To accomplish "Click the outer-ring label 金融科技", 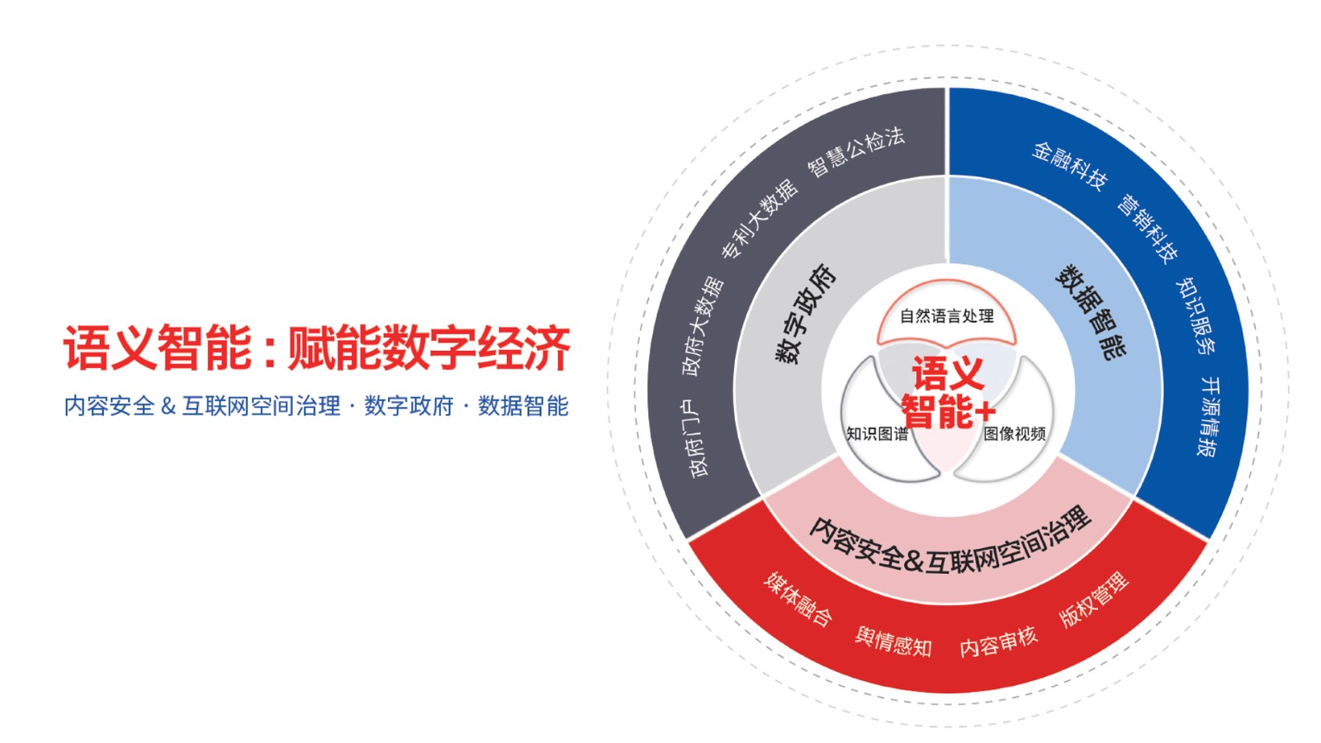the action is click(x=1069, y=166).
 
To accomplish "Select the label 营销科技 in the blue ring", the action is click(x=1148, y=228).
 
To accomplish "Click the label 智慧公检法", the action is click(x=855, y=152).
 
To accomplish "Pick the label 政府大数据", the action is click(x=703, y=325).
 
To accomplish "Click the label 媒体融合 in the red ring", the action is click(x=798, y=598).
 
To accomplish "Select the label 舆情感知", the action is click(x=893, y=642).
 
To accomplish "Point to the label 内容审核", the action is click(x=998, y=642).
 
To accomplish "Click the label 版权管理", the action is click(x=1094, y=599).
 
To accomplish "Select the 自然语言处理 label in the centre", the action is click(x=946, y=316).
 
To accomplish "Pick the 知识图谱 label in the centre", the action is click(x=877, y=433).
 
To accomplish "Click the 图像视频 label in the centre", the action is click(x=1015, y=433).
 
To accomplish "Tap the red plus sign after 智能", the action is click(x=986, y=412).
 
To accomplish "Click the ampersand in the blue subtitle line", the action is click(x=168, y=406).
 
